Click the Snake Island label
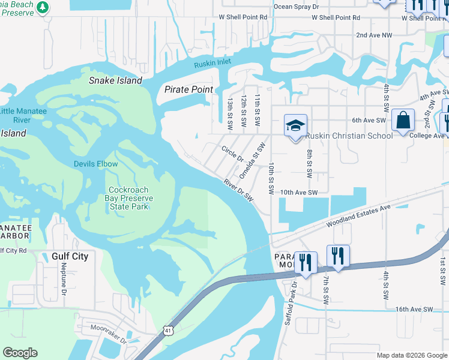(115, 80)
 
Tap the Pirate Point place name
(188, 89)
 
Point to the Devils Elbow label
(95, 164)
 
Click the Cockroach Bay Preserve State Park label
(130, 198)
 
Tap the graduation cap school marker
(295, 125)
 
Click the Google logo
(20, 353)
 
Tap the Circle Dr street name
(232, 154)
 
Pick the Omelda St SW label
(252, 160)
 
